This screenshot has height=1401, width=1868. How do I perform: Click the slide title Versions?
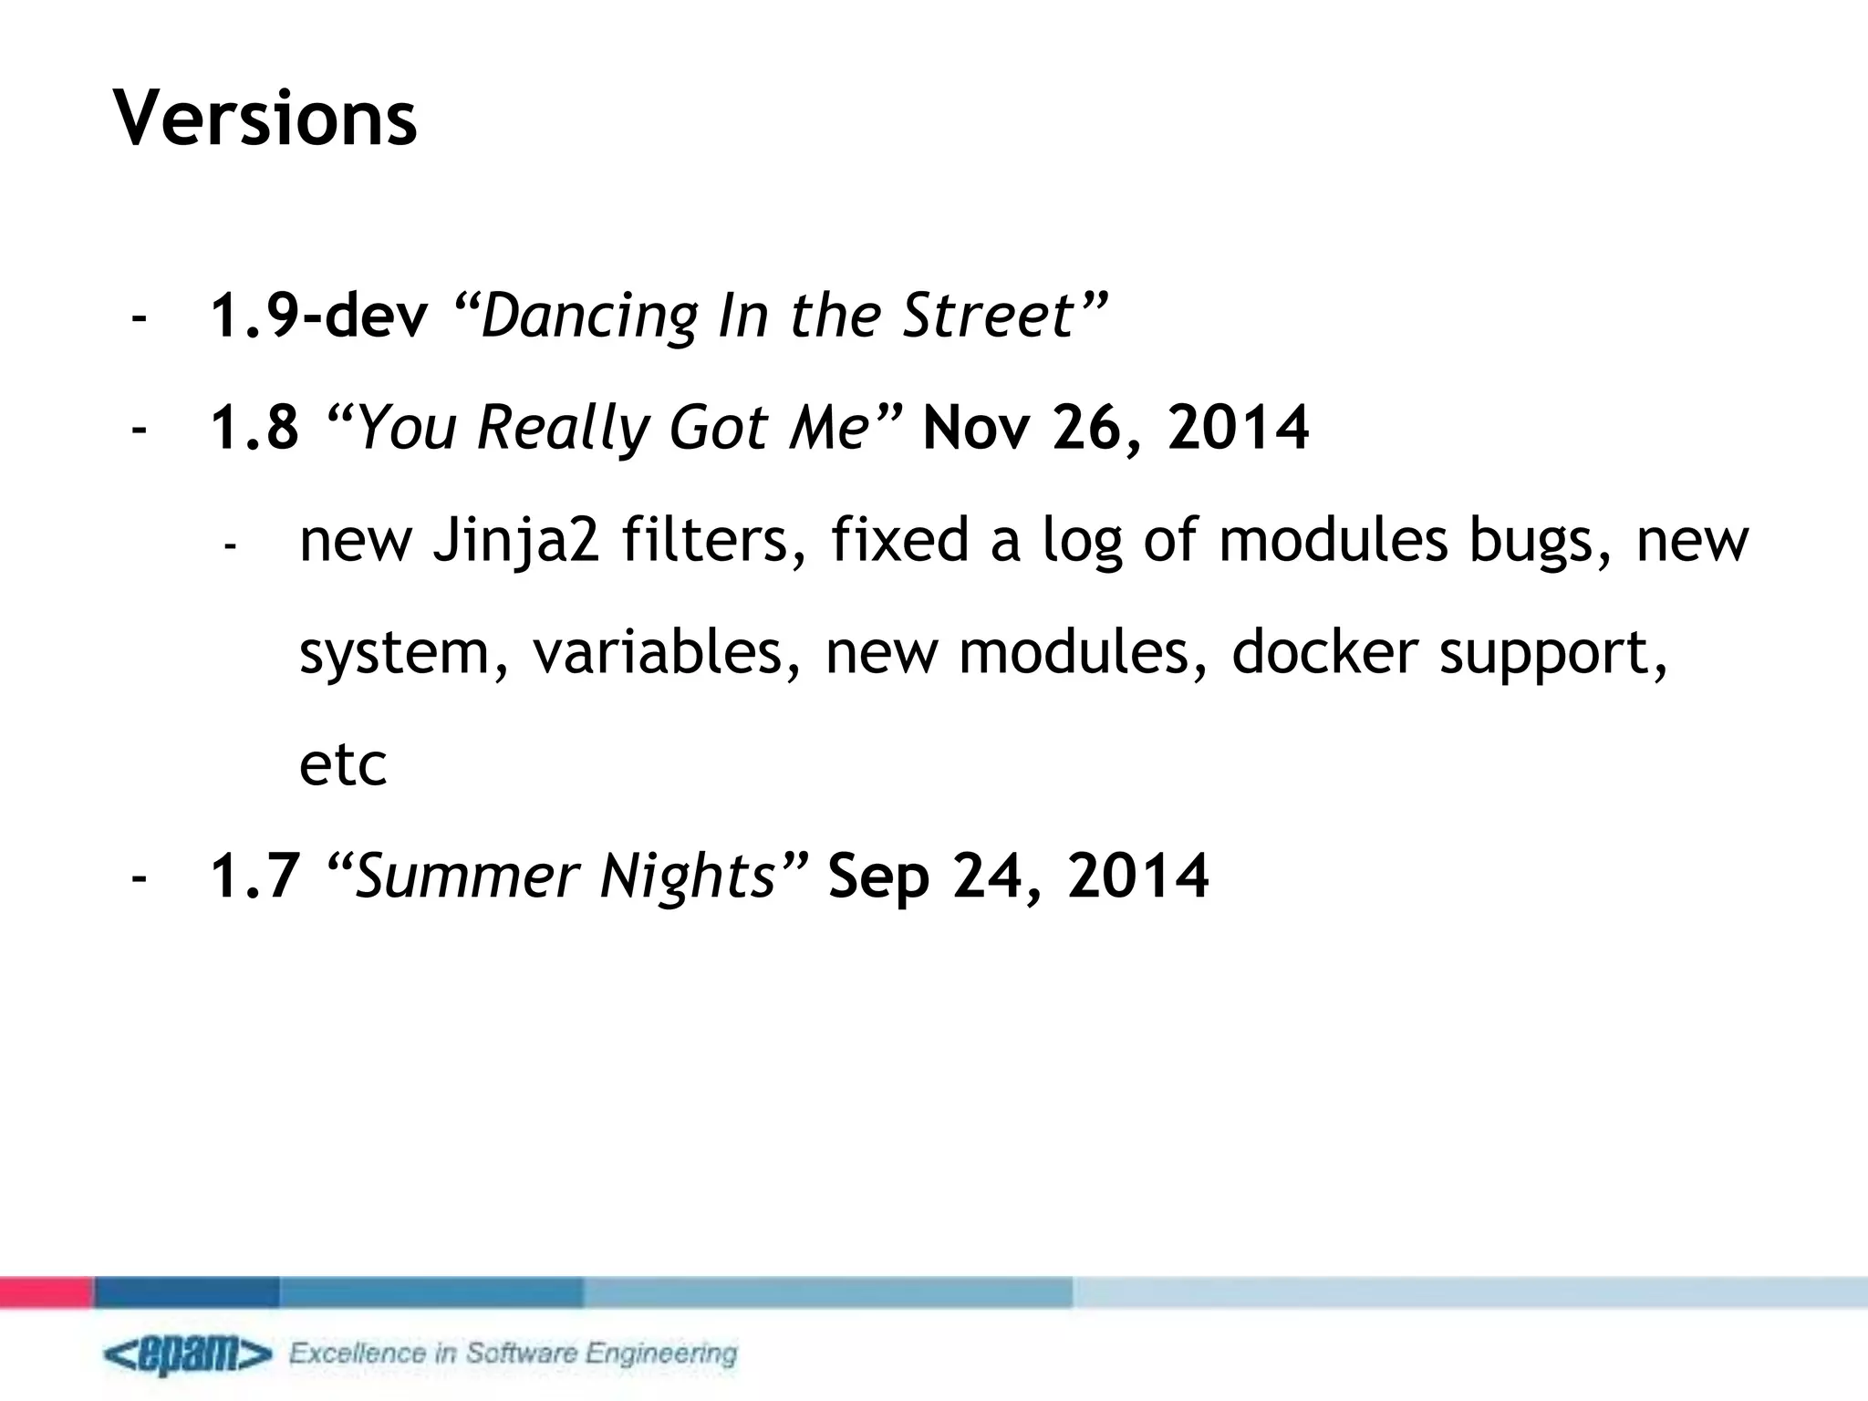(265, 119)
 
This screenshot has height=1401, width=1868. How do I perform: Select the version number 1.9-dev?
(319, 316)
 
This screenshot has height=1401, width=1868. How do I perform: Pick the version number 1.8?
(254, 428)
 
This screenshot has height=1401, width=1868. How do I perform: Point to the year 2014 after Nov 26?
(1238, 428)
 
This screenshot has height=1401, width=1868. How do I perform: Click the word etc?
(343, 764)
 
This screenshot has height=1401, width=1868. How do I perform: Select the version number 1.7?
(255, 876)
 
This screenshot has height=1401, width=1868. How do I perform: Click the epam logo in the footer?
(188, 1355)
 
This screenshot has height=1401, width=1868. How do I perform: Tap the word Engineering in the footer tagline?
(661, 1353)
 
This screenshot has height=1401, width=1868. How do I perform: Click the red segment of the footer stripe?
(46, 1292)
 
